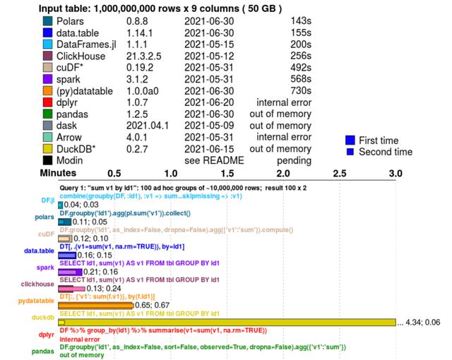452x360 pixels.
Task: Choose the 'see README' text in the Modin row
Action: click(x=214, y=160)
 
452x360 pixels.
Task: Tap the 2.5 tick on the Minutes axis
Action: click(x=339, y=174)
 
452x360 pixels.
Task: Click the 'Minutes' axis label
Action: click(x=58, y=174)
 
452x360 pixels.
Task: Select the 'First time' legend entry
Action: click(x=378, y=140)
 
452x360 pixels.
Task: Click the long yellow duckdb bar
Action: click(x=226, y=323)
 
